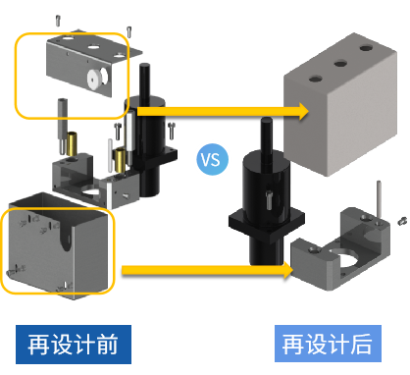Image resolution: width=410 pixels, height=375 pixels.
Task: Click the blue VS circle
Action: point(212,159)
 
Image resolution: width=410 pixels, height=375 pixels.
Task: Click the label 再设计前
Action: point(74,345)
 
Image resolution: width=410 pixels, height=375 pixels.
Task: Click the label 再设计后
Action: point(328,344)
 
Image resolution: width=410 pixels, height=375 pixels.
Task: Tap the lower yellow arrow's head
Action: point(286,270)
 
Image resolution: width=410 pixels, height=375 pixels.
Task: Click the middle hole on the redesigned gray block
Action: point(340,63)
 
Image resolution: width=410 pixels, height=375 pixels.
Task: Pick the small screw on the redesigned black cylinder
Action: point(269,200)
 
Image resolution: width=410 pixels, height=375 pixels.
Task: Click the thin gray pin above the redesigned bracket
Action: point(379,199)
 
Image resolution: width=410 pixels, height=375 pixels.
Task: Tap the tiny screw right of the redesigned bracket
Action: point(402,221)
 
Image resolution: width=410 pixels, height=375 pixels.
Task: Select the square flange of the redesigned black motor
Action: point(267,225)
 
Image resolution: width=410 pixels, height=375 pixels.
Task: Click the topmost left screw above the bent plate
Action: point(58,21)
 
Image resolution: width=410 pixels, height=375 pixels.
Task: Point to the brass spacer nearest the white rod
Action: point(120,160)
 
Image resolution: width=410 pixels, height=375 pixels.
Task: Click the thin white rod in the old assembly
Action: point(110,155)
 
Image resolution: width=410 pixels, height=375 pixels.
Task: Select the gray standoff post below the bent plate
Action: point(63,126)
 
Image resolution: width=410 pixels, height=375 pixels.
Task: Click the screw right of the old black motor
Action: point(172,131)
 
